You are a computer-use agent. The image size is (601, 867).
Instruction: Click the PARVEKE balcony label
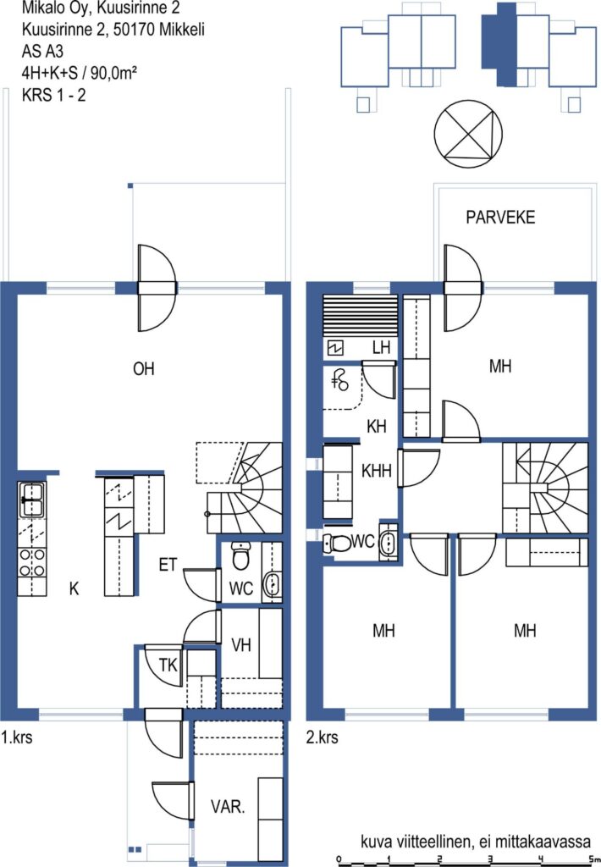(x=500, y=218)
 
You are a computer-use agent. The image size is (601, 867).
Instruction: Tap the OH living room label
(x=144, y=369)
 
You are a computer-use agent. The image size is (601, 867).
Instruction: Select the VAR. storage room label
(x=228, y=807)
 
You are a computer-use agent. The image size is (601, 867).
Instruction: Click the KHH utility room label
(x=377, y=471)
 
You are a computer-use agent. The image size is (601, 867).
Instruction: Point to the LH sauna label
(x=382, y=347)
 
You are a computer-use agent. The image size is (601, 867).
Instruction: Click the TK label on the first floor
(x=168, y=665)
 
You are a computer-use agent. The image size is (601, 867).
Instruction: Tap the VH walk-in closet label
(x=241, y=644)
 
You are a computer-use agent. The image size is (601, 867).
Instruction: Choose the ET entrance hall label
(x=168, y=565)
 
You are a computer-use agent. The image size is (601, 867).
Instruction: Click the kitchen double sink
(x=33, y=500)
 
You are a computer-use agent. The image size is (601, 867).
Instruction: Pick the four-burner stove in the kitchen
(x=32, y=562)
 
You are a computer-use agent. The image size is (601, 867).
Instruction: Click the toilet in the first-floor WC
(x=240, y=555)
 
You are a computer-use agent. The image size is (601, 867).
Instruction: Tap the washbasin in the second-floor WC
(x=389, y=542)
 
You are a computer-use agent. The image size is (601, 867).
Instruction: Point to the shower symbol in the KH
(x=340, y=380)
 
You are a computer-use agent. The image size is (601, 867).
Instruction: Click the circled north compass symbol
(x=468, y=133)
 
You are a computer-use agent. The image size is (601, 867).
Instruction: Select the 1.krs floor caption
(x=17, y=737)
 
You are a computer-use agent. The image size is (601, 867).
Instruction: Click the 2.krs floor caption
(x=323, y=737)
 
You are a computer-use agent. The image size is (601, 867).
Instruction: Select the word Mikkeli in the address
(x=182, y=30)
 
